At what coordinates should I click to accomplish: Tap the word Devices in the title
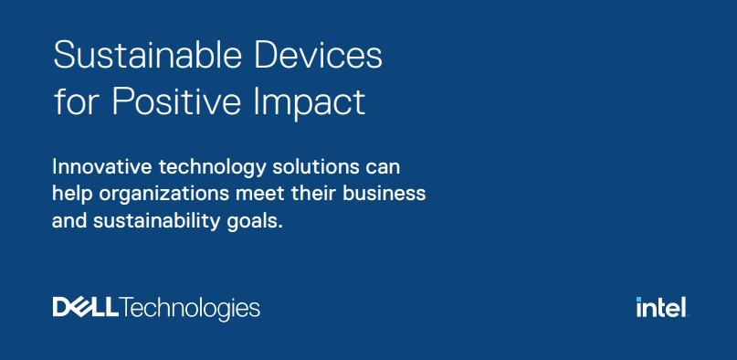[319, 56]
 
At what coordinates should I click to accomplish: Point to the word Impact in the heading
[310, 102]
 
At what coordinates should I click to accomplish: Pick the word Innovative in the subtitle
[102, 167]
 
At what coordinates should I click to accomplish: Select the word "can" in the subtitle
[383, 169]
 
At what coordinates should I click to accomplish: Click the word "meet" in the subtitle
[261, 194]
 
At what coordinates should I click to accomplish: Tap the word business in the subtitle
[384, 194]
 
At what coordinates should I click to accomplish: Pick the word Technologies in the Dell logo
[189, 308]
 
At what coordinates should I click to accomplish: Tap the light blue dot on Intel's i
[638, 299]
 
